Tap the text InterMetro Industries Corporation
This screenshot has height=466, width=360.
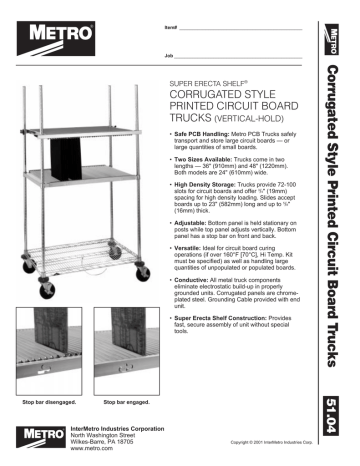coord(117,427)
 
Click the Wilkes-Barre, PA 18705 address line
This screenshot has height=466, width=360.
coord(103,442)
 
